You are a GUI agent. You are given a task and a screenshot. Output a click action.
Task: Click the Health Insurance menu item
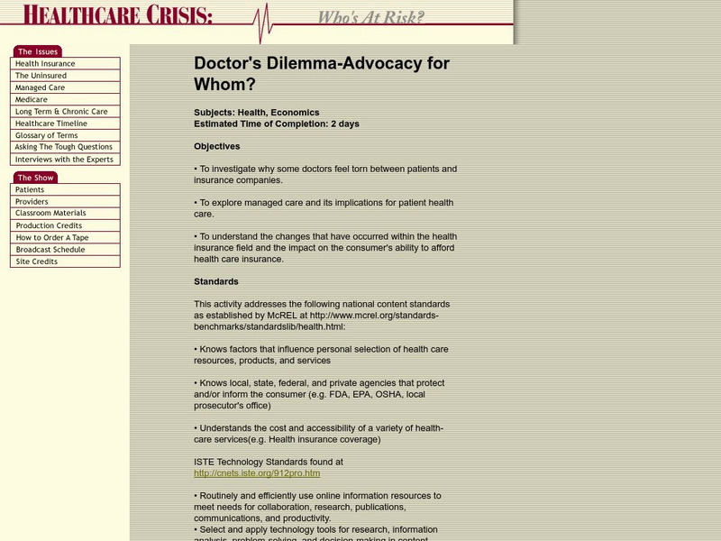[x=45, y=64]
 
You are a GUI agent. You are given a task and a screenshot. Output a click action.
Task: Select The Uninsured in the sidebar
[x=41, y=76]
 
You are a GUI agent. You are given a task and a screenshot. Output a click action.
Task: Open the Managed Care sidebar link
[x=40, y=88]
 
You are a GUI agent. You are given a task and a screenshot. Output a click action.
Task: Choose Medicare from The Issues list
[x=32, y=100]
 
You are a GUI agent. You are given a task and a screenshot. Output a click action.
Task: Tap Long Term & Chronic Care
[x=61, y=112]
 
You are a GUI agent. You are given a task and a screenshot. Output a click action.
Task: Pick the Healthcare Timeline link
[x=51, y=124]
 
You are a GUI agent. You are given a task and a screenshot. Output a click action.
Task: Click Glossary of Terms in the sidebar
[x=46, y=135]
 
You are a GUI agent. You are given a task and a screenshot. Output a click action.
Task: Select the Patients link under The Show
[x=30, y=190]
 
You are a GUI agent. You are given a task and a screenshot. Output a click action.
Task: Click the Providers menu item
[x=32, y=202]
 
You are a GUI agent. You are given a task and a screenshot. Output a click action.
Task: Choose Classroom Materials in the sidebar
[x=51, y=214]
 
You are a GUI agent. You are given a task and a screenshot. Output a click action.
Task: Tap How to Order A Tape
[x=52, y=238]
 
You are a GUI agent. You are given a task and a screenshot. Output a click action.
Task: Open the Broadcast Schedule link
[x=50, y=250]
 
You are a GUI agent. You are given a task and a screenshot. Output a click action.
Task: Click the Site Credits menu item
[x=36, y=261]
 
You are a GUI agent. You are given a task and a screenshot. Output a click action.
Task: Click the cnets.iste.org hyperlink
[x=257, y=472]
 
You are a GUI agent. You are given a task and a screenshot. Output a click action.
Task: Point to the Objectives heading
[x=217, y=146]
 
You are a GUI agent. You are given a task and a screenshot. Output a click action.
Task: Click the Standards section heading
[x=216, y=281]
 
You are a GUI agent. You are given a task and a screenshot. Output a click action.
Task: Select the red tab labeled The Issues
[x=37, y=51]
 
